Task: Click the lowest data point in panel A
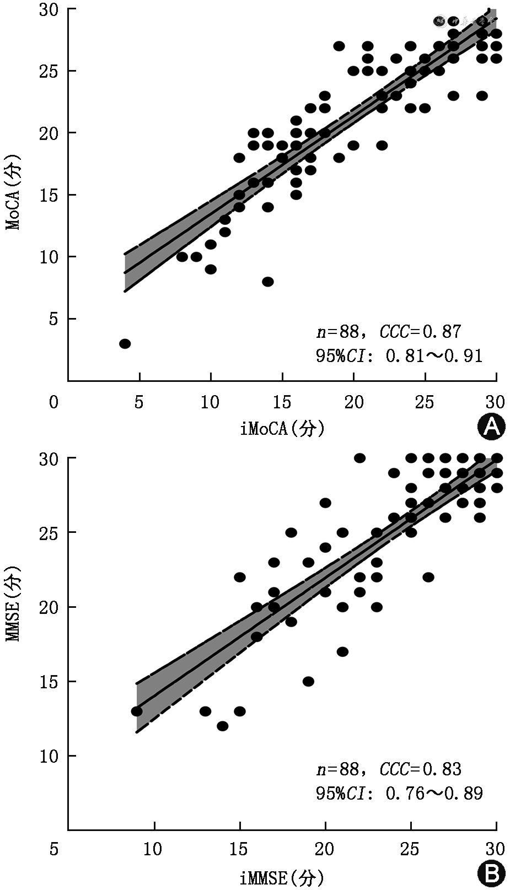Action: tap(125, 344)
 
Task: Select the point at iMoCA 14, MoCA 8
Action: tap(268, 282)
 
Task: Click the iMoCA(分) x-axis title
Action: tap(282, 428)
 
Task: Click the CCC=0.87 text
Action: tap(420, 332)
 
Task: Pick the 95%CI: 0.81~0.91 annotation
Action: tap(399, 356)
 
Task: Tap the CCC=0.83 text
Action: tap(420, 769)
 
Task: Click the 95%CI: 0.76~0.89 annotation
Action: tap(399, 794)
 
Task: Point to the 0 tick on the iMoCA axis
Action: tap(53, 402)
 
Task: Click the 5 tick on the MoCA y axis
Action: tap(53, 319)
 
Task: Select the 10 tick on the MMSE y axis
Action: tap(49, 756)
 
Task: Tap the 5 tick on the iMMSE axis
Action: tap(53, 849)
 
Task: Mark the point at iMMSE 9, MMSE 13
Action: tap(137, 711)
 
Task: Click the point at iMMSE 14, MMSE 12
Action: tap(223, 726)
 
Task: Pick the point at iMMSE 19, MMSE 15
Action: tap(308, 682)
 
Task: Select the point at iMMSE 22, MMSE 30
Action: tap(359, 458)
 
